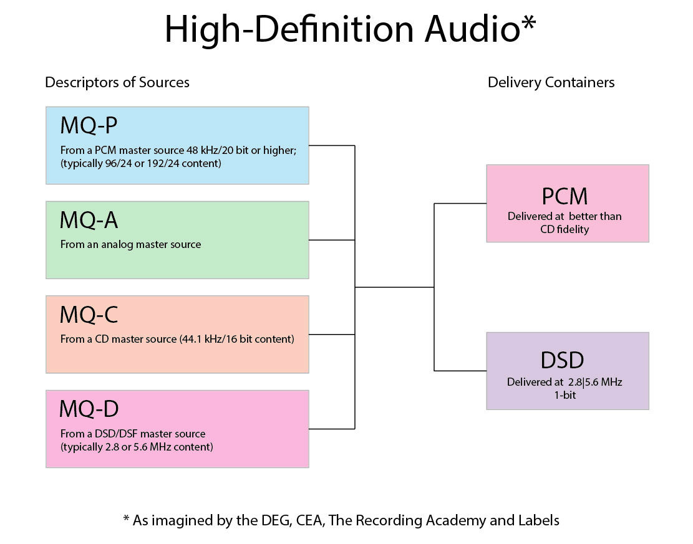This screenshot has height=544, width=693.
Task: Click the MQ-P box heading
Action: pyautogui.click(x=88, y=126)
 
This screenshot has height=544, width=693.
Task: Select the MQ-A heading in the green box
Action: pyautogui.click(x=89, y=220)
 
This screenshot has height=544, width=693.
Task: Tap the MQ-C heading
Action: pyautogui.click(x=89, y=315)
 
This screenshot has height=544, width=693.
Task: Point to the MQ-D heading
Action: pyautogui.click(x=89, y=409)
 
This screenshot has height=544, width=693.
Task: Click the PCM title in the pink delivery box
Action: pyautogui.click(x=565, y=196)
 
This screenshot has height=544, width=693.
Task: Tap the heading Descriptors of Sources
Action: pyautogui.click(x=117, y=82)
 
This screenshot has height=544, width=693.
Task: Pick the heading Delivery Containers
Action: pyautogui.click(x=551, y=82)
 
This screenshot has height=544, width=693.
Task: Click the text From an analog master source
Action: pyautogui.click(x=130, y=244)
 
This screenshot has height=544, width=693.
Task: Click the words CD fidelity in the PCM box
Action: pyautogui.click(x=565, y=229)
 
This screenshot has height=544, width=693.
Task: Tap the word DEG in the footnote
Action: pyautogui.click(x=271, y=520)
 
